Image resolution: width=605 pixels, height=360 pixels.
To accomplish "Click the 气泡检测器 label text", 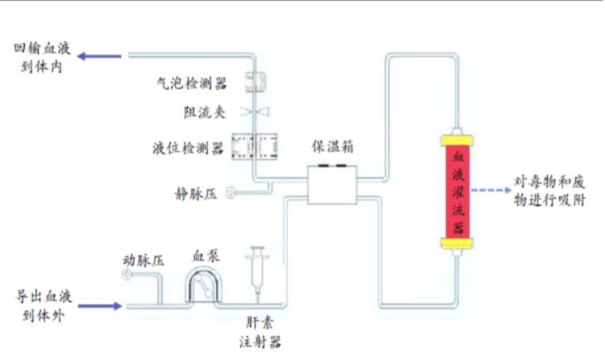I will tap(191, 84).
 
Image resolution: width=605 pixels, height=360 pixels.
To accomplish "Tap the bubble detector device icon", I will tap(256, 82).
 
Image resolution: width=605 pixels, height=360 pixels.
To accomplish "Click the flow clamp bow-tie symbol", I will tap(256, 112).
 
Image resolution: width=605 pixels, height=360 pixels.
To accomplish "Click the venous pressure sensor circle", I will tap(231, 193).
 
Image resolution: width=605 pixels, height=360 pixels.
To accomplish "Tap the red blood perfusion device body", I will tap(459, 191).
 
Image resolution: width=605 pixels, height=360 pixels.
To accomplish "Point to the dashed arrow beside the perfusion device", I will tap(492, 191).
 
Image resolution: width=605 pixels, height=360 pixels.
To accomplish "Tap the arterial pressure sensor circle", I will tap(127, 275).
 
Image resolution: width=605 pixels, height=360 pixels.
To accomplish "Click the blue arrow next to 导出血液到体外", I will tap(100, 306).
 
